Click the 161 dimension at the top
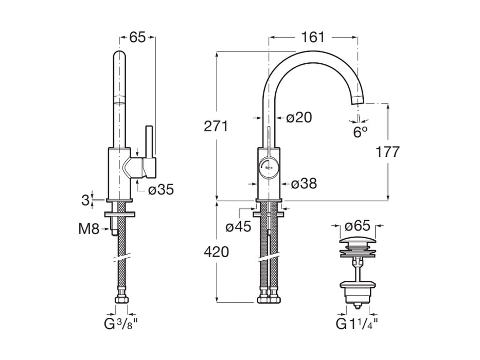[x=313, y=37]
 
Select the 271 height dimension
[x=216, y=126]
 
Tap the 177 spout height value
[x=387, y=152]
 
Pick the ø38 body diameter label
[x=304, y=183]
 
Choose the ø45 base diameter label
[x=239, y=226]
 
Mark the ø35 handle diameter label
[x=161, y=190]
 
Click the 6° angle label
[x=360, y=132]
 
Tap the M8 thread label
[x=88, y=228]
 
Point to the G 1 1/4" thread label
[x=357, y=324]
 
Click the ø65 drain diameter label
[x=357, y=226]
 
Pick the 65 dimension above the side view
[x=137, y=37]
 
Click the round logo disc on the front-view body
[x=268, y=167]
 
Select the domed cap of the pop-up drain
[x=357, y=242]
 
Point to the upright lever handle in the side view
[x=150, y=141]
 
